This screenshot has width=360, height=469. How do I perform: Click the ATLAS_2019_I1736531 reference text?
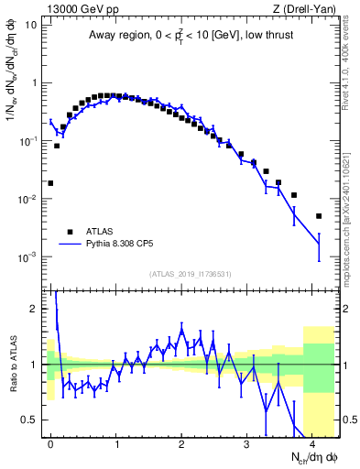pos(191,274)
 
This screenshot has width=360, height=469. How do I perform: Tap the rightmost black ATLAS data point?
pos(319,216)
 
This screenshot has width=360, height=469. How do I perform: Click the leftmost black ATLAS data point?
pos(50,183)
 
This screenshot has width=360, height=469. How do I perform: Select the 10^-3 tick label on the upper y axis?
pos(29,257)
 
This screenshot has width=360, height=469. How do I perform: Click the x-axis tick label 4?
pos(312,442)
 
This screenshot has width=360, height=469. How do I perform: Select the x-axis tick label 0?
pos(50,442)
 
